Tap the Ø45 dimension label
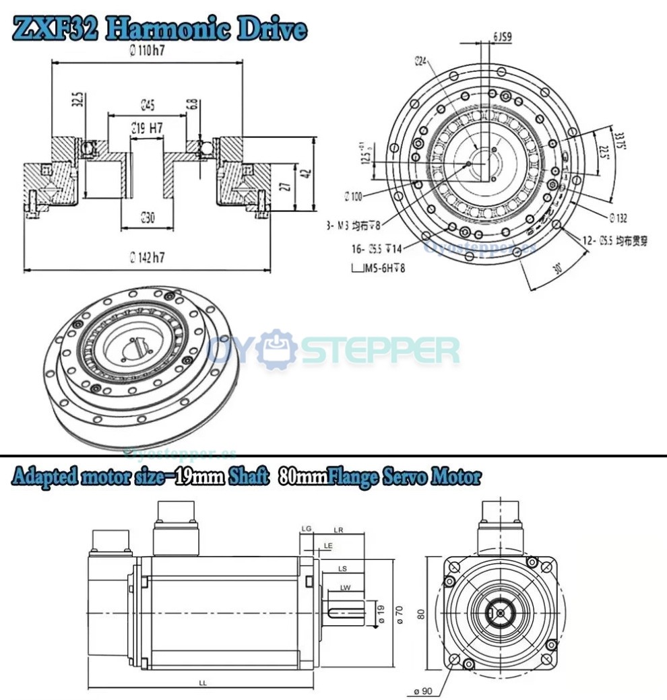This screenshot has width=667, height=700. tap(148, 104)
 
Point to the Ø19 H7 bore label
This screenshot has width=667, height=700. tap(148, 127)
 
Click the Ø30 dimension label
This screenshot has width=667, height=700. tap(148, 217)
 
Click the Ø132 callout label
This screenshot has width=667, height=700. tap(618, 218)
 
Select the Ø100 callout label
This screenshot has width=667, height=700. tap(352, 197)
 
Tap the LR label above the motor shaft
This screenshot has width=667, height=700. tap(339, 530)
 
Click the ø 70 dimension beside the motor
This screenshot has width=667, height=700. tap(399, 614)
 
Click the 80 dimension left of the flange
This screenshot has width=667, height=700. tap(422, 614)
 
